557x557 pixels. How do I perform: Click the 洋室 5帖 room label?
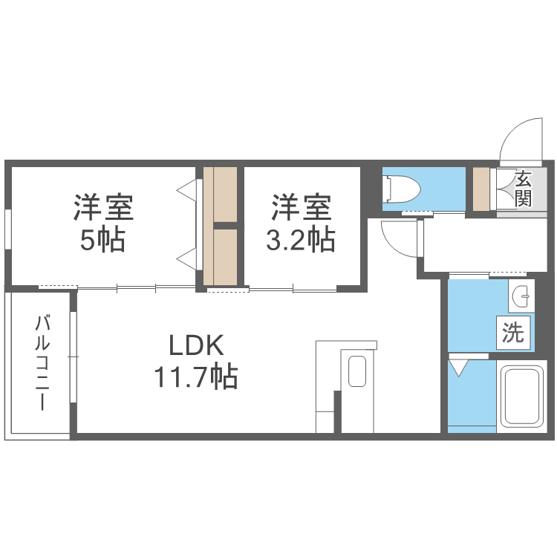click(x=103, y=223)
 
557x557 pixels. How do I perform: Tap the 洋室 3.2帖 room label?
click(x=302, y=223)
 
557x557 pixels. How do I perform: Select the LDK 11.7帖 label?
click(x=196, y=361)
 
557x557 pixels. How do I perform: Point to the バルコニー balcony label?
click(x=42, y=362)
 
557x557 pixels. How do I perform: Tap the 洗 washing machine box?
click(x=513, y=333)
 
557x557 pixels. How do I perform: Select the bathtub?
click(x=521, y=397)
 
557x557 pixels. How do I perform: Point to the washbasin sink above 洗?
click(x=521, y=296)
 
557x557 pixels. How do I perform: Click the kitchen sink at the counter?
click(x=357, y=371)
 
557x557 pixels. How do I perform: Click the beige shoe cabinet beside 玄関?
click(x=481, y=189)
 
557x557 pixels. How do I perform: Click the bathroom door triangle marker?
click(x=459, y=368)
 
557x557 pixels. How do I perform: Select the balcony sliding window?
click(x=74, y=357)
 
